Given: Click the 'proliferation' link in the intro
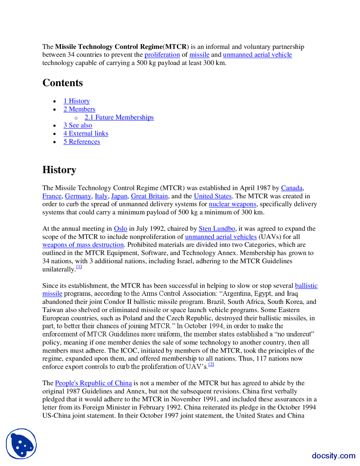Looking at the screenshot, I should pyautogui.click(x=162, y=55).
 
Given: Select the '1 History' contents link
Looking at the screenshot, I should pyautogui.click(x=76, y=101).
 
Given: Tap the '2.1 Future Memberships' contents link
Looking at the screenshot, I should pyautogui.click(x=119, y=117).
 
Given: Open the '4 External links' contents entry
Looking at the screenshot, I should pyautogui.click(x=85, y=133).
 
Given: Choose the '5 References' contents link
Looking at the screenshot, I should pyautogui.click(x=82, y=142).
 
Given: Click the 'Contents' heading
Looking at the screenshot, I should pyautogui.click(x=62, y=83).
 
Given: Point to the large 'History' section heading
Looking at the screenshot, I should pyautogui.click(x=59, y=170).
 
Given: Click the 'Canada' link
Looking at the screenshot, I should pyautogui.click(x=292, y=188).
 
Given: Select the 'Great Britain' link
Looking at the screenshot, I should pyautogui.click(x=149, y=196).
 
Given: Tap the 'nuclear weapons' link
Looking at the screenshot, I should pyautogui.click(x=232, y=204).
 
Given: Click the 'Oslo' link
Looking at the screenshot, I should pyautogui.click(x=120, y=228).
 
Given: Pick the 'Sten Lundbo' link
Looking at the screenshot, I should pyautogui.click(x=217, y=228).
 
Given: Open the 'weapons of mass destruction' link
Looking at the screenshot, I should pyautogui.click(x=83, y=245).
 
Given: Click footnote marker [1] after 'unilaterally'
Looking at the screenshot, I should pyautogui.click(x=79, y=267).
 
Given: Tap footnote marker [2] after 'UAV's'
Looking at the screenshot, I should pyautogui.click(x=211, y=364).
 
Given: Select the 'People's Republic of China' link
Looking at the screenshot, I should pyautogui.click(x=93, y=383).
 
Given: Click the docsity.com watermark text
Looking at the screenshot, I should pyautogui.click(x=333, y=456).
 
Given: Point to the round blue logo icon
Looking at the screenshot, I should pyautogui.click(x=21, y=444).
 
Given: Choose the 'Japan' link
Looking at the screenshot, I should pyautogui.click(x=119, y=196).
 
